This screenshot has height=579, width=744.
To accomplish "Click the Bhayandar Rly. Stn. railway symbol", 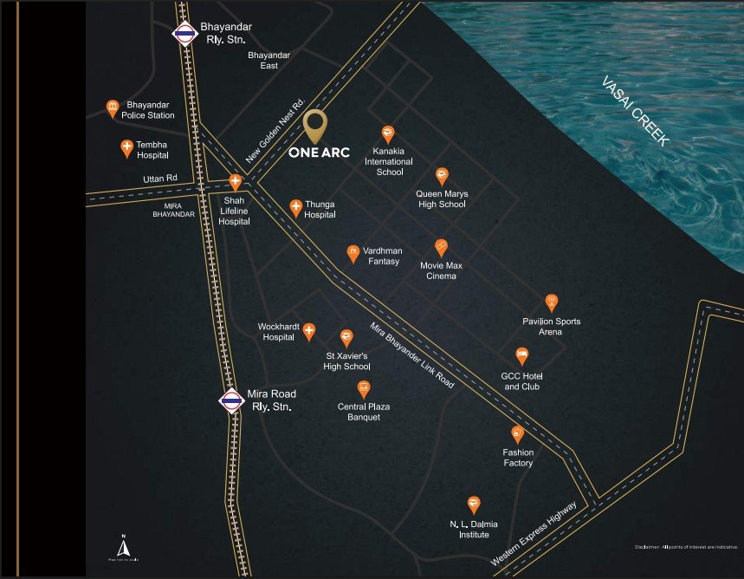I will (184, 35).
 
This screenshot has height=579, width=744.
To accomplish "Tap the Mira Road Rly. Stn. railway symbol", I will (230, 400).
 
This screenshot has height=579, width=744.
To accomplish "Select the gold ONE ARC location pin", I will (315, 126).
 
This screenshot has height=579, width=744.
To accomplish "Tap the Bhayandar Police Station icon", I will (113, 108).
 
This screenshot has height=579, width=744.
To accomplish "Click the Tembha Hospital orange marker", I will (126, 148).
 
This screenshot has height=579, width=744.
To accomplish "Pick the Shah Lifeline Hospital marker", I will (235, 183).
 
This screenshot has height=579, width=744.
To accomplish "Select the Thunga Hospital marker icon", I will (295, 207).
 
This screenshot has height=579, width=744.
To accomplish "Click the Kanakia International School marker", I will (389, 134).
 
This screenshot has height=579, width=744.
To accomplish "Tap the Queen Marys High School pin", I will (442, 176).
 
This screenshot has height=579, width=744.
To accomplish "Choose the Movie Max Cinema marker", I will (441, 247).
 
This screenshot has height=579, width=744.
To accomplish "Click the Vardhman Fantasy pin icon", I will (353, 252).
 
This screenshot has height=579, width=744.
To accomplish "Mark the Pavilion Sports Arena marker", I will (551, 303).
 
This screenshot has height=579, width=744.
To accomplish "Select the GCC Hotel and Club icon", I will (521, 355).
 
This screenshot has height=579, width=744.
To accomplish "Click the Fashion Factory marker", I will (518, 434).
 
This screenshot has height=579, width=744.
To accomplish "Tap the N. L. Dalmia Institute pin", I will (473, 504).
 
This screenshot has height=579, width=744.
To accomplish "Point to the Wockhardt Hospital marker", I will (308, 331).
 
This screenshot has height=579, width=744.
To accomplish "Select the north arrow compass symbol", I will (123, 547).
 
